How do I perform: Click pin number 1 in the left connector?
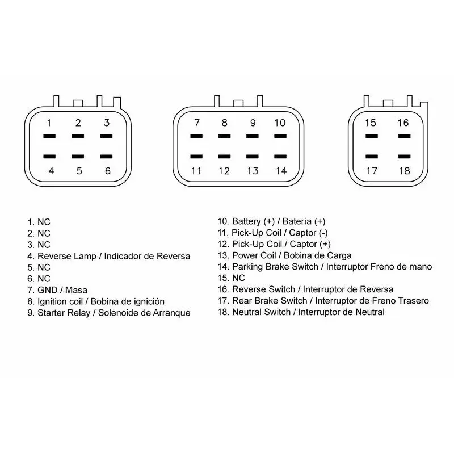click(49, 123)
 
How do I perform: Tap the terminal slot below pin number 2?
click(78, 136)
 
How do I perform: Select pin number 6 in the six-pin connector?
click(108, 171)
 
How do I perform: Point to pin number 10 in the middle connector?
click(280, 123)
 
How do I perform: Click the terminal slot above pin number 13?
click(253, 157)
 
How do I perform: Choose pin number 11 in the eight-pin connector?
click(196, 171)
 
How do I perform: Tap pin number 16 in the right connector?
click(403, 123)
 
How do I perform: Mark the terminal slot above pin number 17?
click(372, 157)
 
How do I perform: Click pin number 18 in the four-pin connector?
click(404, 171)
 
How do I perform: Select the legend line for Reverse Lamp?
click(109, 257)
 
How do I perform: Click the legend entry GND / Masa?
click(57, 290)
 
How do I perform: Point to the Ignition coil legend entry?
click(96, 302)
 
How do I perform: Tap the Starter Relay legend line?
click(109, 313)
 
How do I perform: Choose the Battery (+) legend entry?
click(272, 221)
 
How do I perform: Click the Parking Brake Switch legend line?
click(325, 267)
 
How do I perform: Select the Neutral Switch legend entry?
click(301, 312)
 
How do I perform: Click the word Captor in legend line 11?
click(302, 233)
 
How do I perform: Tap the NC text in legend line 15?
click(238, 278)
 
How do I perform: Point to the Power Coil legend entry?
click(285, 255)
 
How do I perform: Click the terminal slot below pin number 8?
click(224, 157)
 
